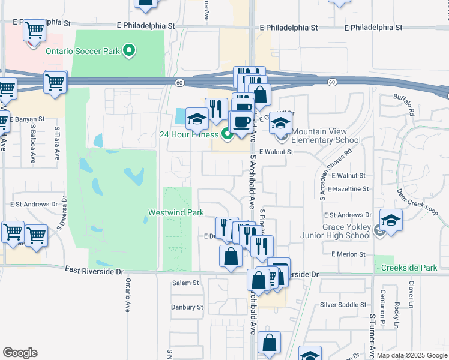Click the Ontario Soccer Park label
coord(83,51)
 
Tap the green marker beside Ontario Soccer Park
coord(128,51)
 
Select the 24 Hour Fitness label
coord(188,134)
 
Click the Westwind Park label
coord(176,212)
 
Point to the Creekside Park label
coord(411,268)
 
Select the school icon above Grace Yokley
coord(390,220)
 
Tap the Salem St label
coord(185,283)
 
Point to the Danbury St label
coord(187,307)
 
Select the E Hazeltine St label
coord(345,188)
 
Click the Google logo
coord(20,353)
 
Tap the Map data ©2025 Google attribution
coord(412,355)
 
